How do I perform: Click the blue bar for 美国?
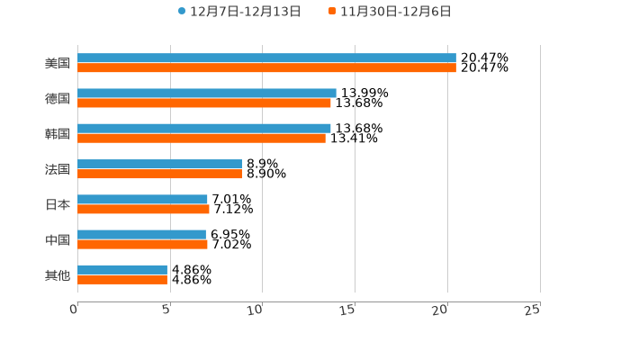pos(266,58)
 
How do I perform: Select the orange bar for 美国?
pos(266,68)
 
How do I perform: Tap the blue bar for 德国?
pos(207,94)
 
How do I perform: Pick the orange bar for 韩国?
pos(202,139)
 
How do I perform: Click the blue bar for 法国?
pos(159,165)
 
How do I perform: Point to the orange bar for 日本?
pos(143,210)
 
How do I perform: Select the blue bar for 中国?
pos(141,235)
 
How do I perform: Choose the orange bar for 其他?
pos(122,280)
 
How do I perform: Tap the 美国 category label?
pos(58,64)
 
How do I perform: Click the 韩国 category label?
pos(58,134)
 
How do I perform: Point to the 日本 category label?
pos(58,204)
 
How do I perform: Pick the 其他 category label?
pos(58,274)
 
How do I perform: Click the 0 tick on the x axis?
pos(75,310)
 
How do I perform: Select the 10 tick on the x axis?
pos(257,310)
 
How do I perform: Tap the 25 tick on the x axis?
pos(533,310)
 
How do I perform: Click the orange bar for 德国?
pos(204,103)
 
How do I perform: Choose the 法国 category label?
pos(58,169)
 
